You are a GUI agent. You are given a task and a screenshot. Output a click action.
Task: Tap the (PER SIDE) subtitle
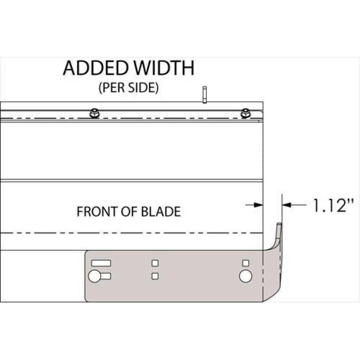[x=128, y=88]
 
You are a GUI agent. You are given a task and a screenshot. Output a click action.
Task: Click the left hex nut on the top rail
[x=94, y=114]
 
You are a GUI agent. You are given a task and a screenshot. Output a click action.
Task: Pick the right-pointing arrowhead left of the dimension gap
[x=259, y=205]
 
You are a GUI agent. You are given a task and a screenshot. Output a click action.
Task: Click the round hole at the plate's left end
[x=94, y=276]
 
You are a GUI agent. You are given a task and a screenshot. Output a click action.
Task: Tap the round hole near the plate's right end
[x=245, y=276]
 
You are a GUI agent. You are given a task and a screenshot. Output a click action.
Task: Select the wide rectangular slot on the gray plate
[x=101, y=263]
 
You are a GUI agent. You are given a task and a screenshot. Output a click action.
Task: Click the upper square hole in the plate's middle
[x=155, y=263]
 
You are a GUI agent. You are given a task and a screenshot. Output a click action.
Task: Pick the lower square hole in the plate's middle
[x=155, y=276]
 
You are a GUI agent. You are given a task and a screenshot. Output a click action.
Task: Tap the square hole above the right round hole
[x=246, y=263]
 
